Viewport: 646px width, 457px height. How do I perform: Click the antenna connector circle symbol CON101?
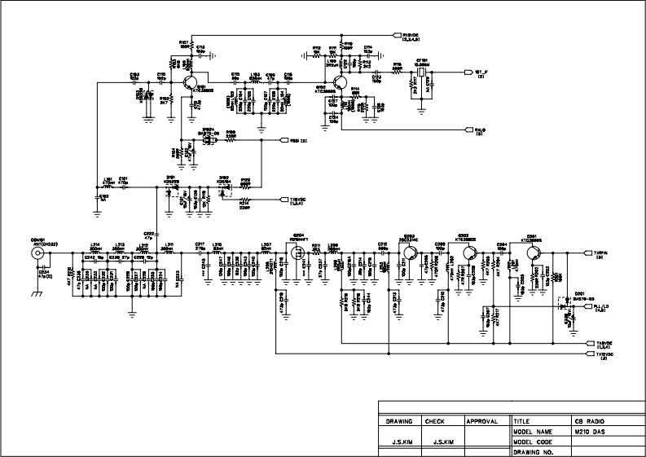37,254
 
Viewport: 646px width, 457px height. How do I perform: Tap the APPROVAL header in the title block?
481,422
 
